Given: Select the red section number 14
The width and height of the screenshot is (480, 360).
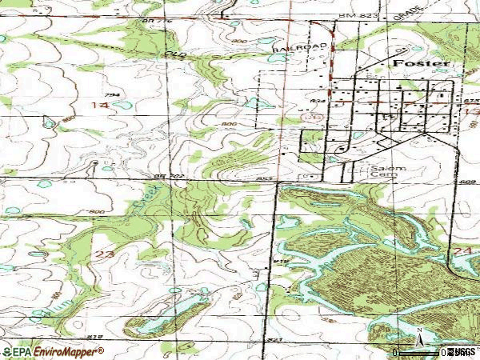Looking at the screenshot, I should click(100, 106).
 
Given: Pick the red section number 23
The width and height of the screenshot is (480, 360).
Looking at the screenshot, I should click(104, 253).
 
